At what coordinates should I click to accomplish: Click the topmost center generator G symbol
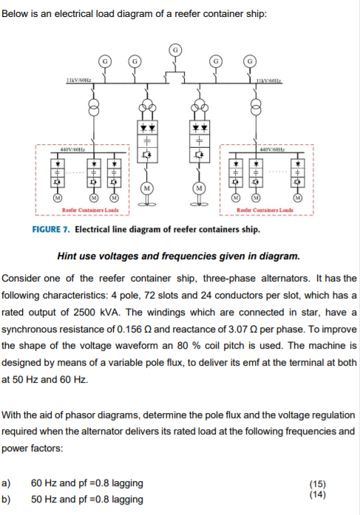[x=176, y=50]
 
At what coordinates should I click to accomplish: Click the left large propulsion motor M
[x=148, y=189]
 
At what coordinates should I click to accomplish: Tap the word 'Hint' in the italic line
[x=69, y=257]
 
